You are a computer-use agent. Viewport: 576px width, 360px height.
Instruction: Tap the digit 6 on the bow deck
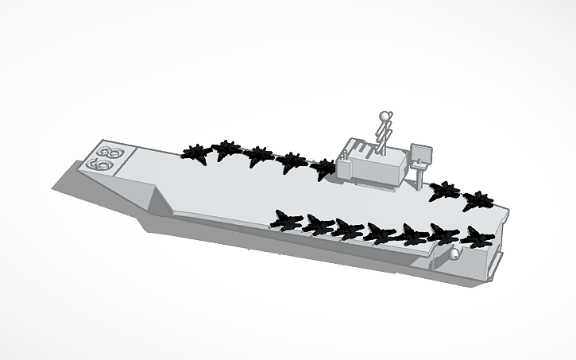click(x=100, y=165)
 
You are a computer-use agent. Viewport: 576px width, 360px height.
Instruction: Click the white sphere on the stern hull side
click(x=455, y=254)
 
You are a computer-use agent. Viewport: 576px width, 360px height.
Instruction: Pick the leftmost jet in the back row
click(x=195, y=153)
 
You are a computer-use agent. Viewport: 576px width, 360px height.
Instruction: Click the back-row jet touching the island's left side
click(x=326, y=168)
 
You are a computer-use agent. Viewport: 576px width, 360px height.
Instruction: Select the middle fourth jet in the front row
click(x=381, y=232)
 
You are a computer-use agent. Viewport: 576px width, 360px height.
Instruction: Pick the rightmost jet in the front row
click(x=476, y=237)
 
